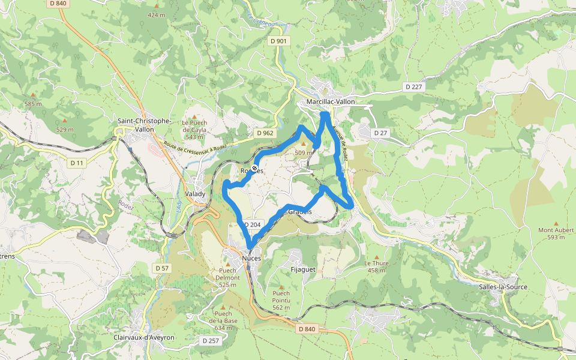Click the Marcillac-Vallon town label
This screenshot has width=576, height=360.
pyautogui.click(x=330, y=102)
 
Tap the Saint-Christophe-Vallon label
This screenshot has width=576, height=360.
pyautogui.click(x=144, y=125)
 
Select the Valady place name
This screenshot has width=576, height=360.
pyautogui.click(x=196, y=194)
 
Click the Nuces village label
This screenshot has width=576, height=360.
pyautogui.click(x=252, y=258)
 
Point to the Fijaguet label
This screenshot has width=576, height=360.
pyautogui.click(x=302, y=269)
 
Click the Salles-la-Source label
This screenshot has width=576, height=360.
pyautogui.click(x=503, y=287)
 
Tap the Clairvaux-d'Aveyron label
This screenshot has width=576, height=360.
pyautogui.click(x=144, y=338)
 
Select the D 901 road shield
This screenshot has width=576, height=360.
pyautogui.click(x=278, y=41)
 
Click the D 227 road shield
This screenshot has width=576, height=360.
pyautogui.click(x=414, y=87)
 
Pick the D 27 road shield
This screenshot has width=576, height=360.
pyautogui.click(x=380, y=133)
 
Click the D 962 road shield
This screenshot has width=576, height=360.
pyautogui.click(x=263, y=133)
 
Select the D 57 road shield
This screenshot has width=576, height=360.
pyautogui.click(x=161, y=268)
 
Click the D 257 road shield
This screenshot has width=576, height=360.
pyautogui.click(x=210, y=341)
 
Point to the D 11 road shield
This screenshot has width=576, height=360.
pyautogui.click(x=76, y=163)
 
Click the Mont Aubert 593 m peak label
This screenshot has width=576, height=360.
pyautogui.click(x=551, y=233)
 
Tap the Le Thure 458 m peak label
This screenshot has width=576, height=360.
pyautogui.click(x=376, y=266)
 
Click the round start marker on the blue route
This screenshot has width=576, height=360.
pyautogui.click(x=255, y=168)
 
